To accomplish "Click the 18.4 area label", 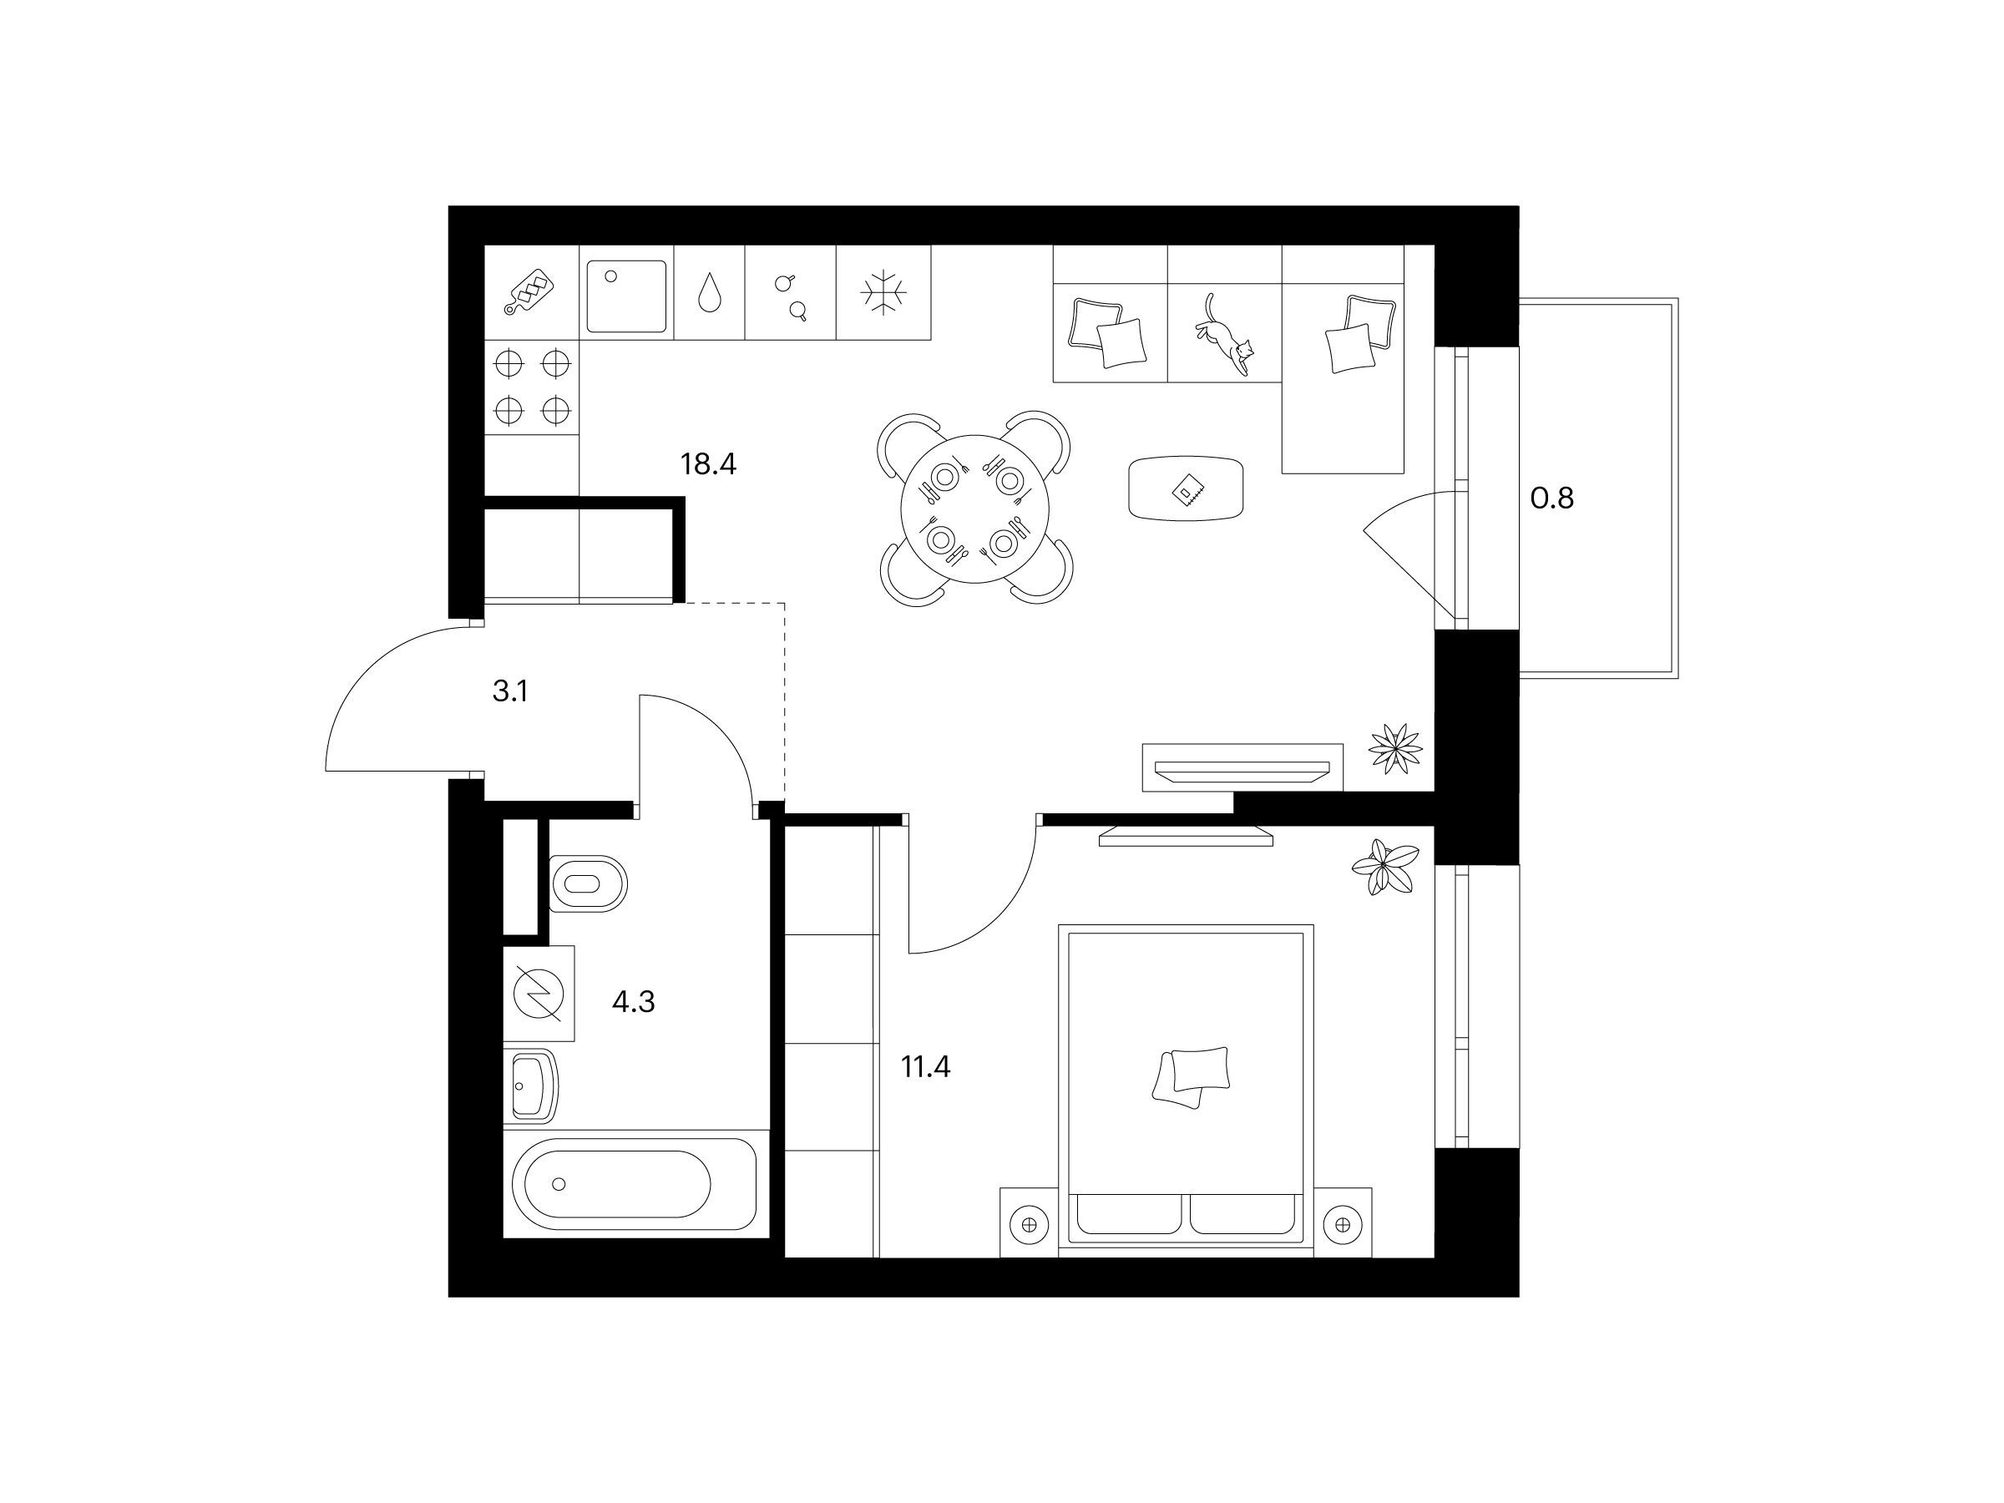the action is click(x=708, y=465).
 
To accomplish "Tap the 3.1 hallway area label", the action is click(x=510, y=692).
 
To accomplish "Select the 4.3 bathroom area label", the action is click(x=633, y=1002).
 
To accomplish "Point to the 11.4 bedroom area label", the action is click(x=925, y=1067).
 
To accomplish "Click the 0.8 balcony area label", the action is click(x=1552, y=498).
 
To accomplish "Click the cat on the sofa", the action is click(x=1224, y=333).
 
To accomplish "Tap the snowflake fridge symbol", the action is click(x=883, y=292).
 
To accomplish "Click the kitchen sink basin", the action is click(x=626, y=296).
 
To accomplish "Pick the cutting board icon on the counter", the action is click(x=531, y=291).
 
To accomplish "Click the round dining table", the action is click(x=974, y=509).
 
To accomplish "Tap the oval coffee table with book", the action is click(x=1186, y=488).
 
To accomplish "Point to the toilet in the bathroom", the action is click(x=588, y=884).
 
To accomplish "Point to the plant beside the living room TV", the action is click(x=1395, y=749).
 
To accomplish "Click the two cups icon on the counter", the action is click(x=790, y=296).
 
